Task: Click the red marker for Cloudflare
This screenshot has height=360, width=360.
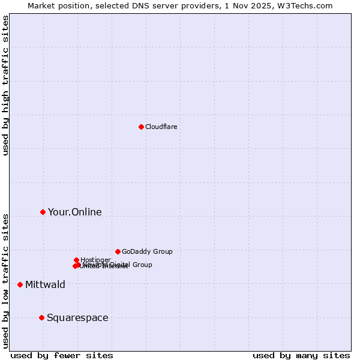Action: [141, 127]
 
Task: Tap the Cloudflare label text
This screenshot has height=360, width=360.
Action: [161, 127]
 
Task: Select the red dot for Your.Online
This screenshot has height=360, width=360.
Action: [43, 212]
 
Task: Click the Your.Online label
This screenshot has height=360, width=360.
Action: [74, 212]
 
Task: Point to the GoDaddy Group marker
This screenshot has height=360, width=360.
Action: [118, 251]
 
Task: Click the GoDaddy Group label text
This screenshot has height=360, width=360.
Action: [147, 251]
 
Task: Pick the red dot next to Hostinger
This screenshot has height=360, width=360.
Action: [76, 260]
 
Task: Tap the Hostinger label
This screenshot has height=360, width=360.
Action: [95, 260]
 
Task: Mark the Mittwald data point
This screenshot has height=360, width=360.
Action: [20, 284]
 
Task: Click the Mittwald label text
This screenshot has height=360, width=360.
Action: [45, 285]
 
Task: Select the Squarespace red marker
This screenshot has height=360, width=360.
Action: [41, 317]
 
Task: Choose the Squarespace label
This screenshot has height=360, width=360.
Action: [77, 318]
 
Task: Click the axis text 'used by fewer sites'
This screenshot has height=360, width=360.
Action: [62, 356]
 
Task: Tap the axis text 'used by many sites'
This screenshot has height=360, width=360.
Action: [301, 356]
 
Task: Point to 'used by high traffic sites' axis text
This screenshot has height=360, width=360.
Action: [6, 85]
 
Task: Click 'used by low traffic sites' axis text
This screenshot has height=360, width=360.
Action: [6, 280]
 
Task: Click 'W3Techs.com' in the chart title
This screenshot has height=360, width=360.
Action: [308, 5]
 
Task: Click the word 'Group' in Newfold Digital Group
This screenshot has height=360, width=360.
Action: [142, 265]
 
